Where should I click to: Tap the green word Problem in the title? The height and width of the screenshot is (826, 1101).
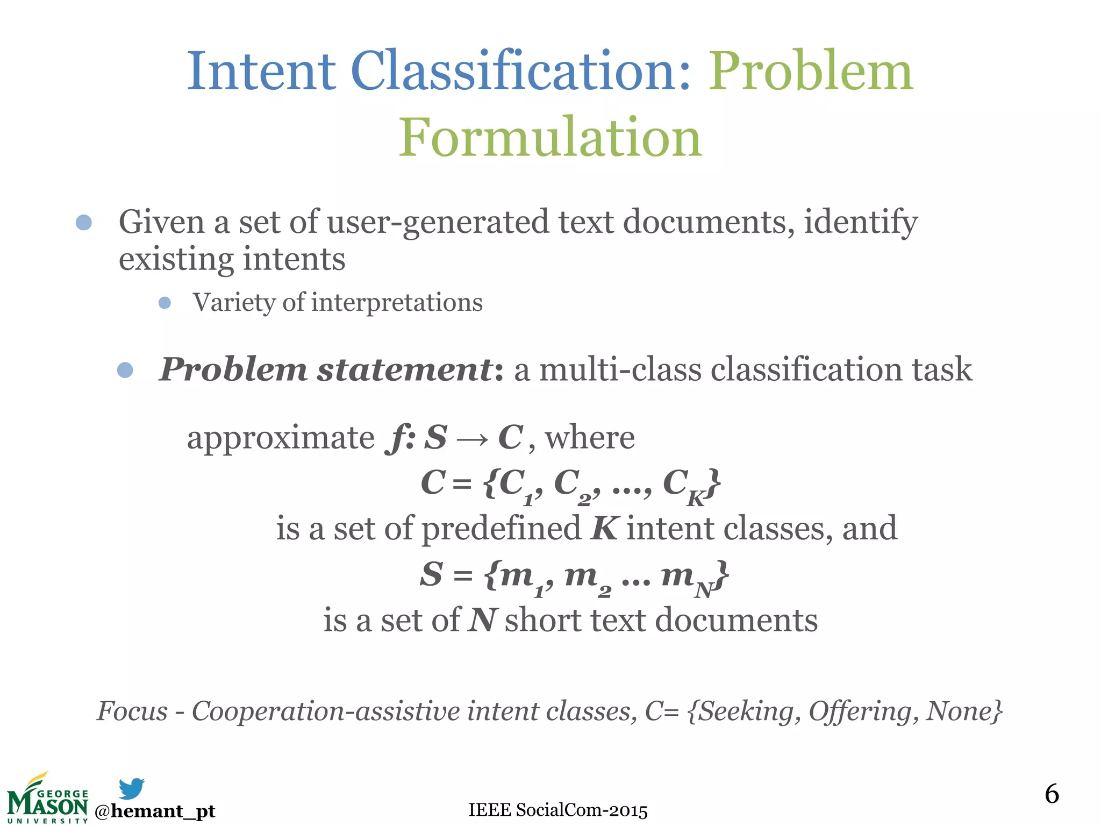click(811, 71)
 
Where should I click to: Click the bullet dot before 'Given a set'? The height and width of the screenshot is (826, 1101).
click(84, 222)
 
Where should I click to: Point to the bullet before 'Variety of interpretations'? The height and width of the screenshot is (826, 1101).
click(165, 303)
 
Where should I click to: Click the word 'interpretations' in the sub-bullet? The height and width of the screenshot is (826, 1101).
click(397, 302)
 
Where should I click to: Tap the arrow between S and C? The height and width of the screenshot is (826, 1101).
click(472, 439)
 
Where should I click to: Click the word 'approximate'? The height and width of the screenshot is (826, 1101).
click(280, 438)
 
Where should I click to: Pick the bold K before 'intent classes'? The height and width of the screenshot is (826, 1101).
click(604, 529)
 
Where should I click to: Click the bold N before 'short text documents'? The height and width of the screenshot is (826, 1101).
click(481, 620)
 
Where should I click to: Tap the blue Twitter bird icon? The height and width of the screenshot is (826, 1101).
click(131, 788)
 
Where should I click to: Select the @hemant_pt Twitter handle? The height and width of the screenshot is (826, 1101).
click(155, 811)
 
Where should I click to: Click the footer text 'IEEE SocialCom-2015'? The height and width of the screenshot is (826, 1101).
click(558, 810)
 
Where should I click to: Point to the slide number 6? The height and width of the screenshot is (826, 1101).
click(1052, 794)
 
